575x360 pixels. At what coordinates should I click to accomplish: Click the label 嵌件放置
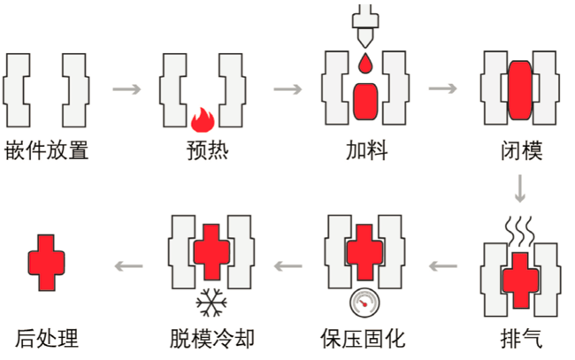(47, 150)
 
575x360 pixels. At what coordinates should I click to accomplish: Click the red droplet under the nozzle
(364, 64)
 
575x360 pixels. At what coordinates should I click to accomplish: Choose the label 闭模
(520, 150)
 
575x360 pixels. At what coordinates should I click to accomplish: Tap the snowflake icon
(210, 303)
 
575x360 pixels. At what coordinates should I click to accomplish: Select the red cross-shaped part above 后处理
(47, 263)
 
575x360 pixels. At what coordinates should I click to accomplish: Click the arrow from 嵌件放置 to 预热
(127, 88)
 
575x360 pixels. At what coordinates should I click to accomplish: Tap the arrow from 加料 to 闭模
(442, 88)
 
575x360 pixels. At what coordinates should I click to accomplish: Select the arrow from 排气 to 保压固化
(442, 264)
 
